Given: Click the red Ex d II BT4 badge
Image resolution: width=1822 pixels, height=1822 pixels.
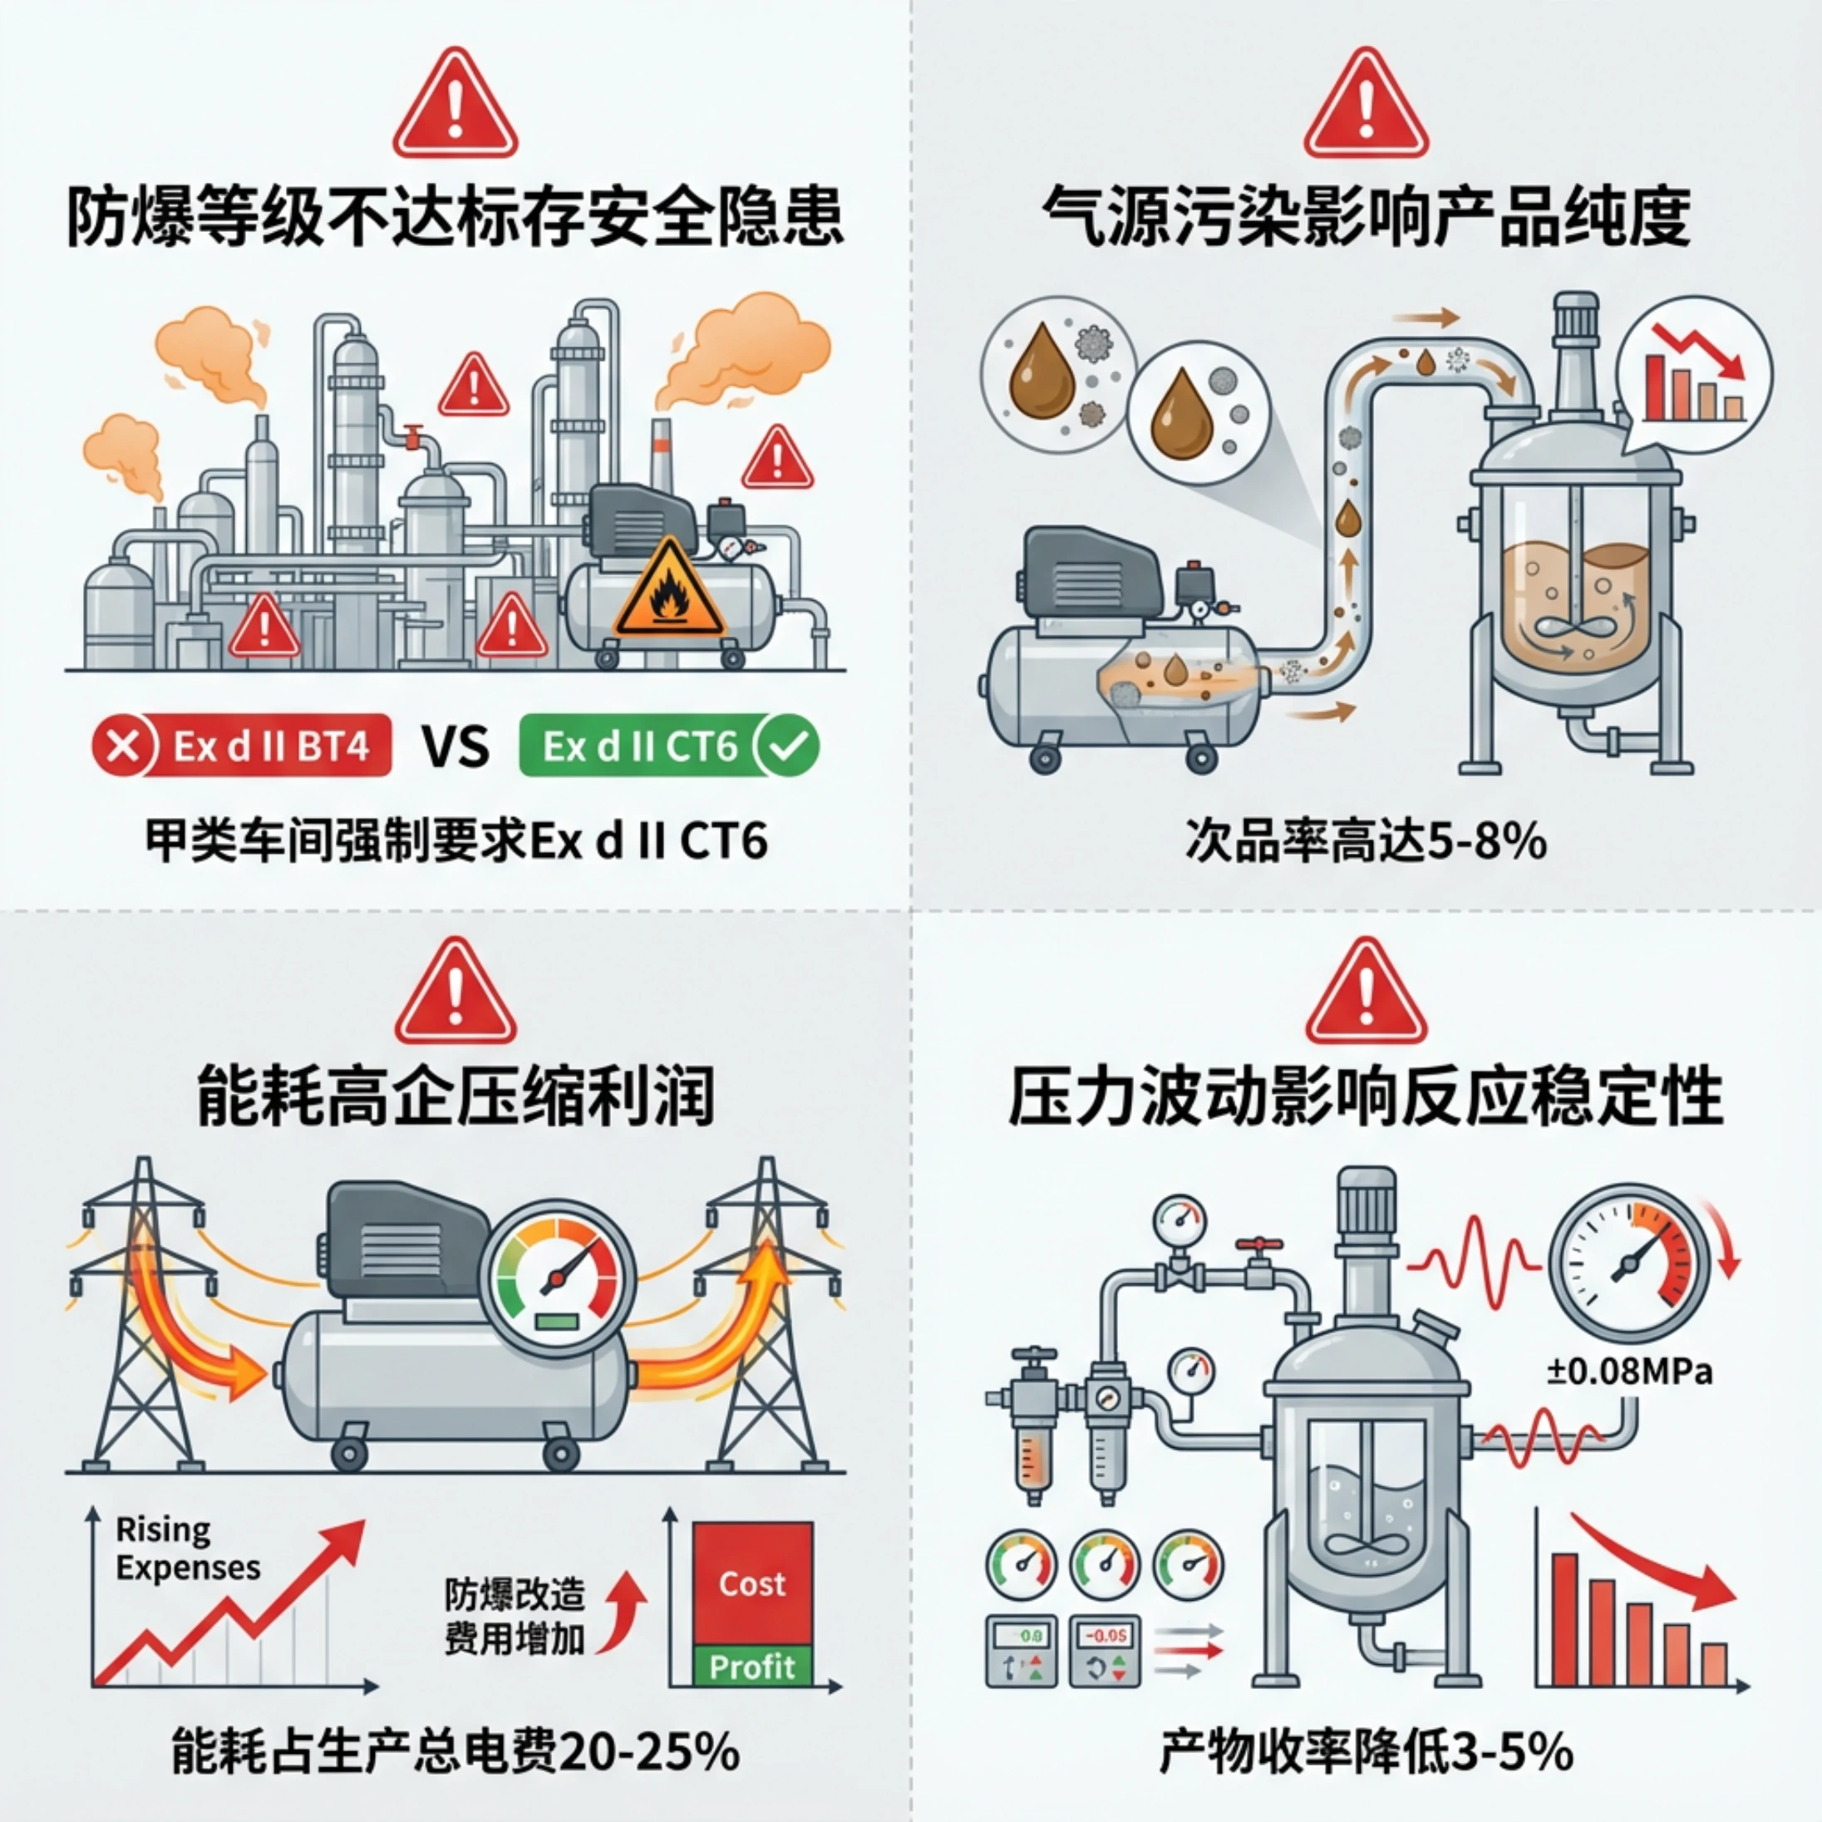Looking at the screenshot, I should pos(243,746).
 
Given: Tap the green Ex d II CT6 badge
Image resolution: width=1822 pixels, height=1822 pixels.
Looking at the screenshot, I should pos(668,746).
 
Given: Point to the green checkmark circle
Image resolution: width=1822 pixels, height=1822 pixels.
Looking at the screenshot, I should pos(790,746).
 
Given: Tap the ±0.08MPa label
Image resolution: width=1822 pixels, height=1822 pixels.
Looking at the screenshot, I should pos(1630,1371).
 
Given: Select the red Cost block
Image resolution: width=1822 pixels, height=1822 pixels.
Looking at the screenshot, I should pos(751,1583).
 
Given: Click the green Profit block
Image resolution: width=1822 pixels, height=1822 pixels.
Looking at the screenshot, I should pos(751,1667).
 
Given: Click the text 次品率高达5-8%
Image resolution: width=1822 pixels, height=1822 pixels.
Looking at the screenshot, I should pos(1366,840).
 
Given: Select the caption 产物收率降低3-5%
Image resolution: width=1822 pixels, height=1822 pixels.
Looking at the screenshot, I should pos(1366,1752).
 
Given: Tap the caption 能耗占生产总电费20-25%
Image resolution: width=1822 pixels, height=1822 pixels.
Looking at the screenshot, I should pos(456,1752).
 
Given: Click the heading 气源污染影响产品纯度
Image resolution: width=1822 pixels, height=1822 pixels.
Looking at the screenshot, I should pos(1366,217).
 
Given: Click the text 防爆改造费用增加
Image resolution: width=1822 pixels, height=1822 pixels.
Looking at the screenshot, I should pos(515,1618).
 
